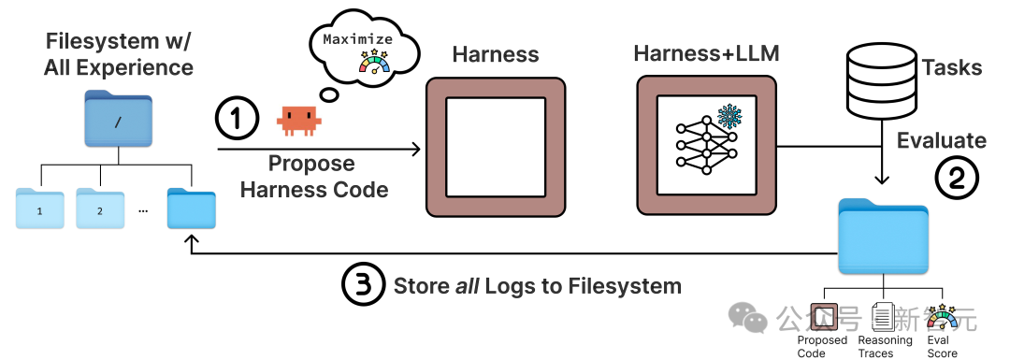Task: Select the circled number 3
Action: tap(362, 285)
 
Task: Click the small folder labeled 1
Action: tap(40, 209)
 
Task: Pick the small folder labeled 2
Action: tap(100, 209)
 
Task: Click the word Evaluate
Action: tap(941, 140)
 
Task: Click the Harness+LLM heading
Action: tap(705, 54)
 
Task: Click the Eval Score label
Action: tap(943, 347)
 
